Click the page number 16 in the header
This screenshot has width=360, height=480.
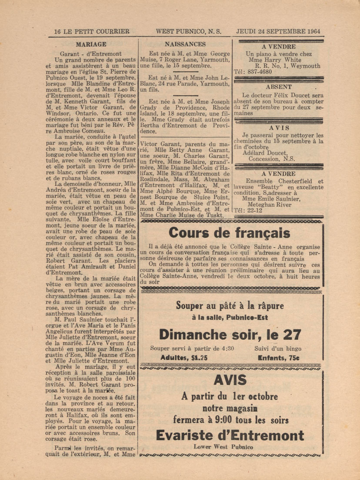[x=57, y=31]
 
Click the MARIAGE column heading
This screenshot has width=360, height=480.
[x=91, y=44]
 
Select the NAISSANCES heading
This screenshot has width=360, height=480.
[x=185, y=44]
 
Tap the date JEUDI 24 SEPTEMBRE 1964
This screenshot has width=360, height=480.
[x=278, y=31]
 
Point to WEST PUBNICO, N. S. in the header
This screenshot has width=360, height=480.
[x=188, y=31]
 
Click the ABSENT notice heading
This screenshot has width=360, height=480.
[x=279, y=87]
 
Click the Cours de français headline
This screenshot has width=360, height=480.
[x=223, y=233]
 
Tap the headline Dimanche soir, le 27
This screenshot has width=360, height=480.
[x=230, y=334]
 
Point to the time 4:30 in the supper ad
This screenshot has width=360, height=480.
[x=225, y=348]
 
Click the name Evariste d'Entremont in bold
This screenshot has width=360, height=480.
[x=230, y=435]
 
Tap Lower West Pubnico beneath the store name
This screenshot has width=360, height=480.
[x=230, y=447]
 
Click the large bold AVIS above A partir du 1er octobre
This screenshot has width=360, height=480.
[x=230, y=380]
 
